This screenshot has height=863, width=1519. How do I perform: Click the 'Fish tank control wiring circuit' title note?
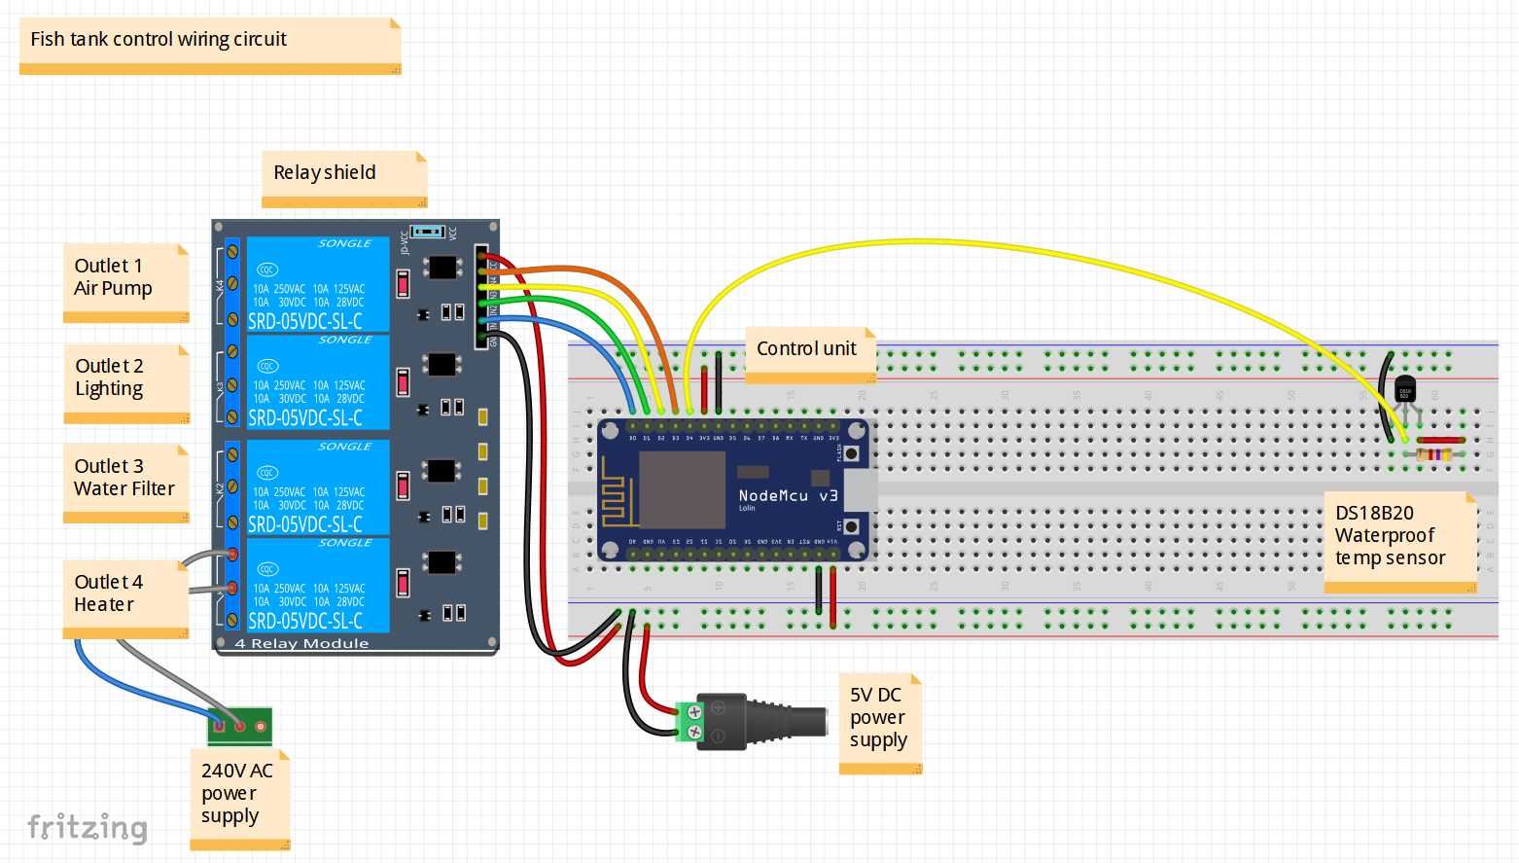point(209,44)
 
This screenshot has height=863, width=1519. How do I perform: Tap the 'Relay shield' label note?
point(343,177)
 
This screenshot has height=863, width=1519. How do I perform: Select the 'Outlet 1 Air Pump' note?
point(125,281)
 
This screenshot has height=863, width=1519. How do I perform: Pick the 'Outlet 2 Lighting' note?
point(125,382)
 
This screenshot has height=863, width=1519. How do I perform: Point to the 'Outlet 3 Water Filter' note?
point(125,482)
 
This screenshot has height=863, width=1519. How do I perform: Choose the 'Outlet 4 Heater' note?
point(125,596)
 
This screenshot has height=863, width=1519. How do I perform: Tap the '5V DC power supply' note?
point(879,722)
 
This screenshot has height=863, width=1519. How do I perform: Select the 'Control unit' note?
point(810,353)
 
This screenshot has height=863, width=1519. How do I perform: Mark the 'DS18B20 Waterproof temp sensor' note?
point(1399,540)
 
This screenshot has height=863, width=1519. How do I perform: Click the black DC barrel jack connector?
point(768,722)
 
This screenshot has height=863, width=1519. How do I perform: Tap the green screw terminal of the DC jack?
point(689,721)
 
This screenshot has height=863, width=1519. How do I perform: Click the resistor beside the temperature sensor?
point(1433,454)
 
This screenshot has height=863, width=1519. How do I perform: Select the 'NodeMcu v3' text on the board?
point(787,496)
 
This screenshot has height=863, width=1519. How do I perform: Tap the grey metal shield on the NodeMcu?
point(682,490)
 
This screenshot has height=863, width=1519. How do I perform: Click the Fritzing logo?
point(88,828)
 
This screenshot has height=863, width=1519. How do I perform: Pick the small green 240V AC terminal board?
point(239,726)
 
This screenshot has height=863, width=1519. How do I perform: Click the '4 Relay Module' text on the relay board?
point(301,644)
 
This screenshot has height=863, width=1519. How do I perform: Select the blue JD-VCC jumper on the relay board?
point(427,232)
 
